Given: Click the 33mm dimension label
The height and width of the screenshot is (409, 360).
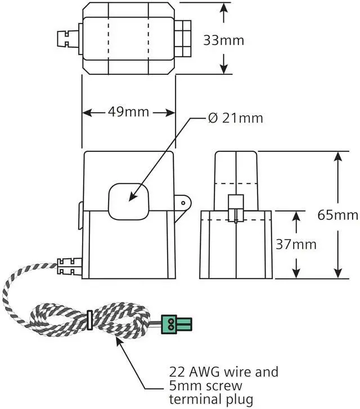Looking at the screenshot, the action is tap(223, 41).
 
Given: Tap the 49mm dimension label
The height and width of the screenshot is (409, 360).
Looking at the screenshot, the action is tap(128, 112).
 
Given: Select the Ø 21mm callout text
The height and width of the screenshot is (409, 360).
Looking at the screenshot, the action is tap(235, 118).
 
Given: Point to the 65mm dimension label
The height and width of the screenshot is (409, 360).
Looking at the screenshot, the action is tap(338, 215).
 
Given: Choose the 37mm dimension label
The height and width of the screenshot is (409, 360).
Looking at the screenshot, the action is tap(296, 244).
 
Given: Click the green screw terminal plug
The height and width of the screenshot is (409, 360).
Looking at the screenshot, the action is tap(177, 324).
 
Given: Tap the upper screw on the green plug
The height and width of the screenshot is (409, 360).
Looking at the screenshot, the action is tap(171, 320).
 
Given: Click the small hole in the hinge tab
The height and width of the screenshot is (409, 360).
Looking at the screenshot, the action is tap(183, 203).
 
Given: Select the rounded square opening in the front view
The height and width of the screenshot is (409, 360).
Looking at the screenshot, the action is tap(128, 201).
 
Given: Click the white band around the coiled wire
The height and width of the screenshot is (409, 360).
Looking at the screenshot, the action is tap(89, 320).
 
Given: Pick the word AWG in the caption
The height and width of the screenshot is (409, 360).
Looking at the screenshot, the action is tap(204, 372).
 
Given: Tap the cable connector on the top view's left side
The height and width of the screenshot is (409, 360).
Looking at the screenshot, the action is tap(68, 39).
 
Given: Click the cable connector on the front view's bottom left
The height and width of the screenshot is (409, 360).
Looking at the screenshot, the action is tap(69, 267).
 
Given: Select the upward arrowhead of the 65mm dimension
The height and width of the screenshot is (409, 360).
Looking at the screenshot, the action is tap(338, 157).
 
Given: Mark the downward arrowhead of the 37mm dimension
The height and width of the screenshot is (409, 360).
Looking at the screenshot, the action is tap(296, 273).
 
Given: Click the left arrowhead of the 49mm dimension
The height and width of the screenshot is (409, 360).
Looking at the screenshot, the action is tap(88, 113).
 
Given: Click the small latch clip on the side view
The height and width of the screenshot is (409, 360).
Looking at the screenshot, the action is tap(236, 209).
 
